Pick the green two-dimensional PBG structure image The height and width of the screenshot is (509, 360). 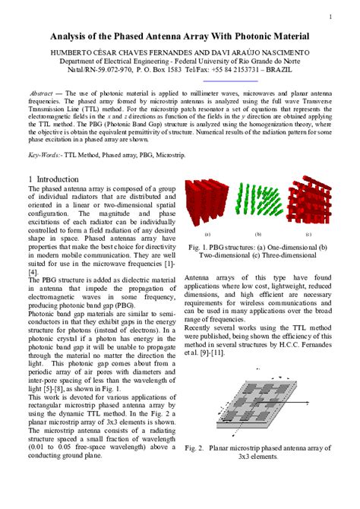[257, 206]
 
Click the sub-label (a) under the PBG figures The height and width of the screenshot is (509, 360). [207, 235]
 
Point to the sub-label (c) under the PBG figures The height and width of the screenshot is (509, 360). [308, 235]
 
